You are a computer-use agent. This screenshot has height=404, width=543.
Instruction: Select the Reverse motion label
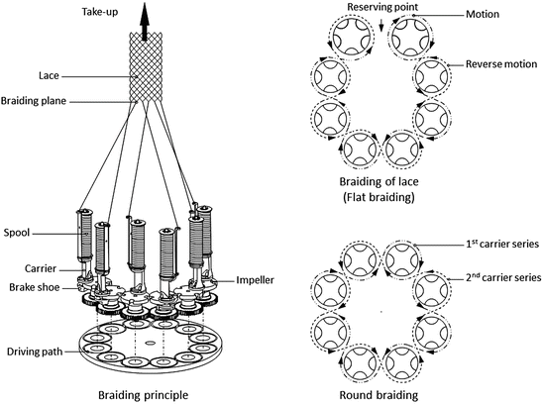[497, 64]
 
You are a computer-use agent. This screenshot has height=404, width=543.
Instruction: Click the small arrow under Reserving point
[380, 24]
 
